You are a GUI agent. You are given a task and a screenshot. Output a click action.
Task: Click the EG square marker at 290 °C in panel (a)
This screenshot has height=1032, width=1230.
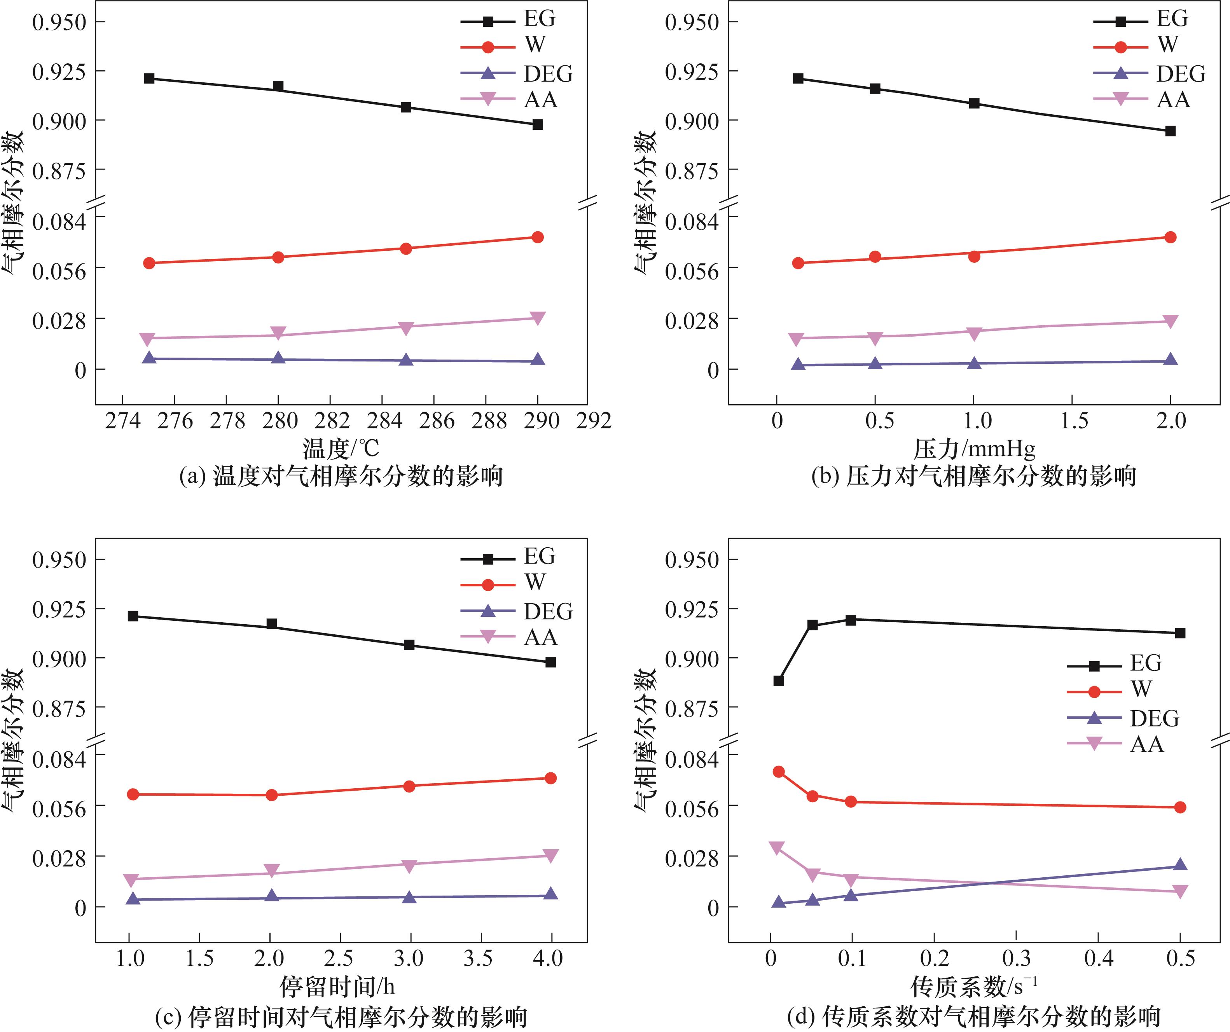click(537, 125)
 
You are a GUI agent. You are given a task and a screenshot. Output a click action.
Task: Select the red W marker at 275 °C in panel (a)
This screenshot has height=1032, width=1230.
click(149, 263)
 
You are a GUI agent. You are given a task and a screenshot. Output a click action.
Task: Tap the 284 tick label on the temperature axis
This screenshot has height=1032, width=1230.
click(384, 421)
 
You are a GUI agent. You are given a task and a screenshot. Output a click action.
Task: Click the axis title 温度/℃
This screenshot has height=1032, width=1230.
click(341, 449)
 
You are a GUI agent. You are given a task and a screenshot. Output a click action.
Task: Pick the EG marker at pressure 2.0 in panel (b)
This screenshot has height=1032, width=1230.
click(1170, 131)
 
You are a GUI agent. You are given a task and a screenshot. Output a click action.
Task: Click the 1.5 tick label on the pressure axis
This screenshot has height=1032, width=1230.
click(1074, 421)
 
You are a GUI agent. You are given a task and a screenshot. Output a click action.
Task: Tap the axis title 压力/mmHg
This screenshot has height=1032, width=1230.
click(974, 449)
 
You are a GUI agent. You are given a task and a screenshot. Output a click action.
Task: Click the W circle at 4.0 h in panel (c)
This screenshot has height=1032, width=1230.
click(550, 778)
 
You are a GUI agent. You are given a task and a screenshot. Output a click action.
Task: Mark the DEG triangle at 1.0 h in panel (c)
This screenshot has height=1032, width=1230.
click(133, 898)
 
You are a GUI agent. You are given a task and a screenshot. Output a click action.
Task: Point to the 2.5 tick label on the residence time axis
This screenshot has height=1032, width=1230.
click(339, 958)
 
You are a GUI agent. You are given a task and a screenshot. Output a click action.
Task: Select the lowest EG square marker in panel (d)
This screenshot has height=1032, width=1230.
click(778, 681)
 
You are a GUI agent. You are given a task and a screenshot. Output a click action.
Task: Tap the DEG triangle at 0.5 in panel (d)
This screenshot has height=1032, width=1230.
click(1180, 865)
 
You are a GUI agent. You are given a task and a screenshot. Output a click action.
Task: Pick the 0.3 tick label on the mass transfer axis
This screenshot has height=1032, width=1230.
click(1016, 958)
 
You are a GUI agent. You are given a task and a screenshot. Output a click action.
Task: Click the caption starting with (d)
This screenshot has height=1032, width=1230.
click(973, 1017)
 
